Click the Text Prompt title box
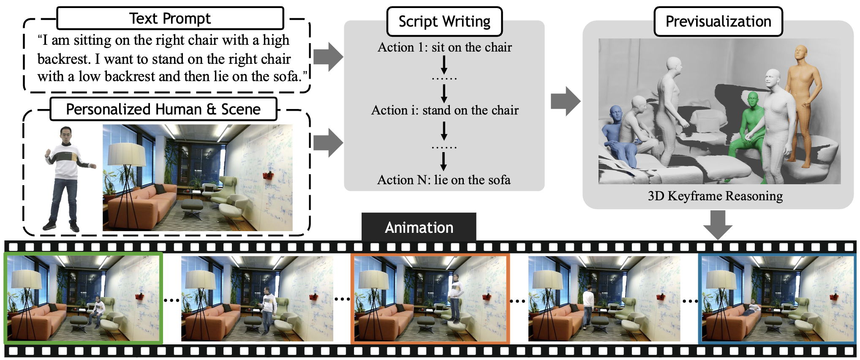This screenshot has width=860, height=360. click(x=170, y=19)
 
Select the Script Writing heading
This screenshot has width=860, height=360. click(x=444, y=22)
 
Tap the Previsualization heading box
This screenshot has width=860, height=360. click(x=718, y=22)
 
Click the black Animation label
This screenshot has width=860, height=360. click(x=419, y=227)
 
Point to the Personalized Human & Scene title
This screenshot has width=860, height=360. click(x=163, y=109)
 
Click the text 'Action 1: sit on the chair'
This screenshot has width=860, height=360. click(x=444, y=47)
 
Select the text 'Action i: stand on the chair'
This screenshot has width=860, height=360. click(x=444, y=110)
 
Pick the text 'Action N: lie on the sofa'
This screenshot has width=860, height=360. click(x=444, y=180)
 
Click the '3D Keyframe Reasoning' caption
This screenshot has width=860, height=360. click(x=715, y=196)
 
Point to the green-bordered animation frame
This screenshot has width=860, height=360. click(x=83, y=298)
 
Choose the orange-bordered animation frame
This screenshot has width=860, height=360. click(x=430, y=298)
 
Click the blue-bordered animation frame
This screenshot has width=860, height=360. click(x=777, y=298)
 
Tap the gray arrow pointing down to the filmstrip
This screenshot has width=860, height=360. click(x=718, y=224)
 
